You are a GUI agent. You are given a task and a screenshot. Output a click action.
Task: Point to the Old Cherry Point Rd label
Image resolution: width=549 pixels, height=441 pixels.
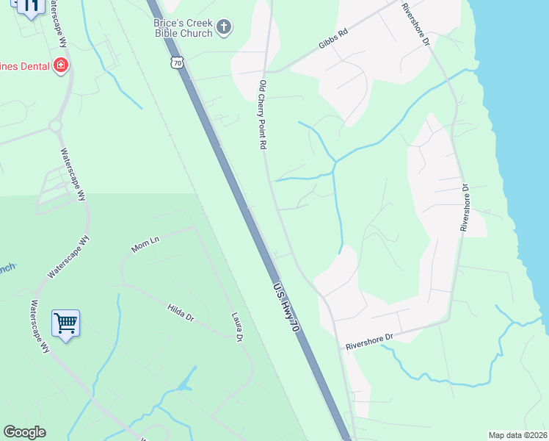(262, 115)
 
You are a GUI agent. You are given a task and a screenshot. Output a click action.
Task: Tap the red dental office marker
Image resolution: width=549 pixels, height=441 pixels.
(61, 66)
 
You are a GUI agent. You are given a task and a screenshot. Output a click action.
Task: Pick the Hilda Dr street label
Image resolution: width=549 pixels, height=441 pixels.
(180, 313)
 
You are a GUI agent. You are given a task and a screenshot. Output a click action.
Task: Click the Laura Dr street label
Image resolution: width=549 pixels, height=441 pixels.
(236, 327)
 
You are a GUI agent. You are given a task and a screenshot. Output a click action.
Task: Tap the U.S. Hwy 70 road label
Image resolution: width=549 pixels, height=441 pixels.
(286, 310)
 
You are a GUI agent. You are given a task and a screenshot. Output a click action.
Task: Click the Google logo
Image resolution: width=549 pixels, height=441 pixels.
(24, 432)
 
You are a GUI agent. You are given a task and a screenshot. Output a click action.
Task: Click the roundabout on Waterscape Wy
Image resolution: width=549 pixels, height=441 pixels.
(55, 126)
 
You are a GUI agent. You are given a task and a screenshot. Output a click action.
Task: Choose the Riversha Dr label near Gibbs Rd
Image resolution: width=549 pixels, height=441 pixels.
(415, 25)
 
